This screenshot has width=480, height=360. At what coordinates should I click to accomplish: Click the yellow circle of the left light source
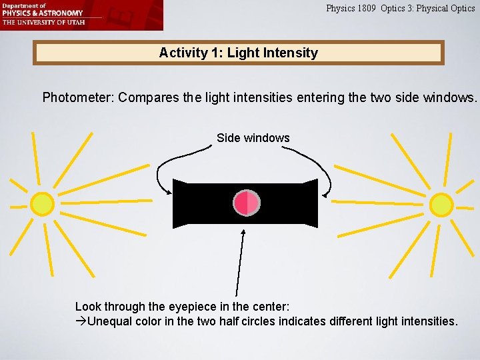click(42, 203)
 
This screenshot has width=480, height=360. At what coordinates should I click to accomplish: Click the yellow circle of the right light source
click(441, 204)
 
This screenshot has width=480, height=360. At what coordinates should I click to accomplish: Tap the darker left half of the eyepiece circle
click(241, 203)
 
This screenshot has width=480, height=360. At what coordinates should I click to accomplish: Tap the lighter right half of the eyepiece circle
click(253, 203)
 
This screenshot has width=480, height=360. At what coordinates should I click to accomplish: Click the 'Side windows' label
click(253, 138)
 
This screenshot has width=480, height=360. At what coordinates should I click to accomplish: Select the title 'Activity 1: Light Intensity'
click(238, 53)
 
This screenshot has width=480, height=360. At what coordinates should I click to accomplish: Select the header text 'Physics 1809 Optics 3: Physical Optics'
click(400, 9)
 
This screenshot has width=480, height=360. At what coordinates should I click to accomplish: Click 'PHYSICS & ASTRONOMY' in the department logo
click(43, 13)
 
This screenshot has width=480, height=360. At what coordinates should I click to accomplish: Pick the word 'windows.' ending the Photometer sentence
click(454, 97)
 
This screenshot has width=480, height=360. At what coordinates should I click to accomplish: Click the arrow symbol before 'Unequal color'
click(81, 321)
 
